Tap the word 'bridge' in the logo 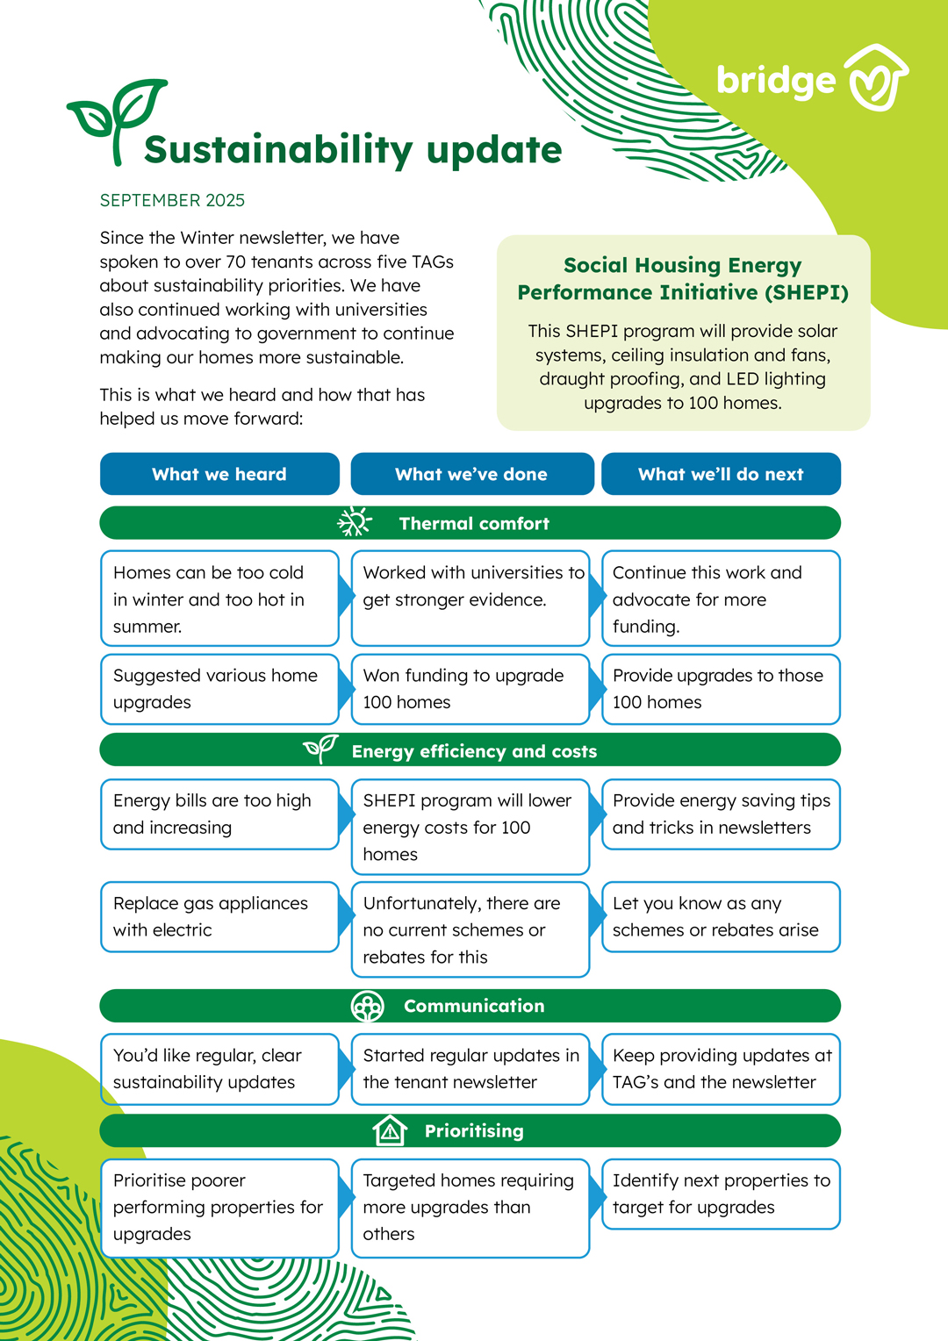point(776,81)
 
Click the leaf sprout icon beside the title point(117,118)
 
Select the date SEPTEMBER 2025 point(172,200)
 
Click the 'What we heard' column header point(219,474)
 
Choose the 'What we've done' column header point(471,474)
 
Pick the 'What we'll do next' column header point(721,474)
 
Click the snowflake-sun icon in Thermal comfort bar point(355,522)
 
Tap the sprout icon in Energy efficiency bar point(320,749)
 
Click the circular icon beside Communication point(367,1006)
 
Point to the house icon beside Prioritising point(390,1130)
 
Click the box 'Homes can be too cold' point(219,599)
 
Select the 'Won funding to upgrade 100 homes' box point(470,689)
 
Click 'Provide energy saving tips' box point(721,814)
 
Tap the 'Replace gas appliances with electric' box point(219,916)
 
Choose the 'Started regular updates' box point(470,1068)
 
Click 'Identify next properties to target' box point(721,1194)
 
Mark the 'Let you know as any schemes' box point(721,916)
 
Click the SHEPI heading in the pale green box point(683,278)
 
